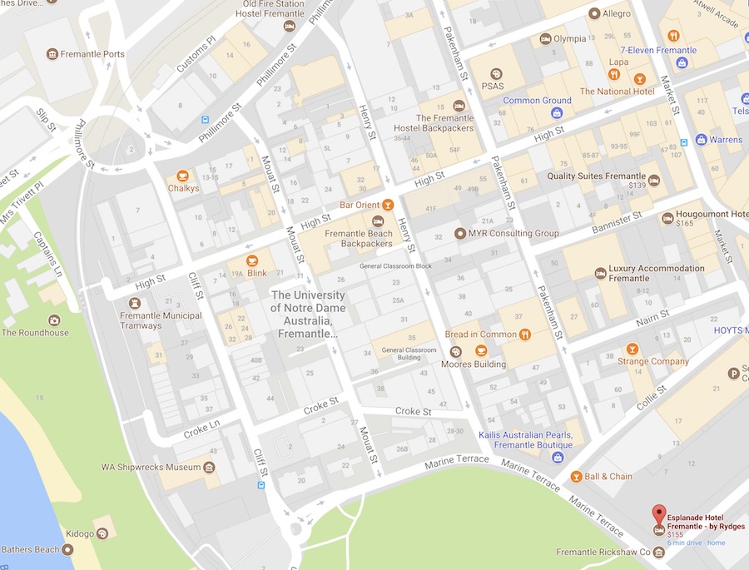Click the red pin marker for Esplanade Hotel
658,513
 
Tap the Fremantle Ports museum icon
52,54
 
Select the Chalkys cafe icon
183,176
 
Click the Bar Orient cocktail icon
387,205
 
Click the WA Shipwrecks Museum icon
209,467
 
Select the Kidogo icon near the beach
102,533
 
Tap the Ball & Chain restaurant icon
576,477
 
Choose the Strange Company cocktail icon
632,349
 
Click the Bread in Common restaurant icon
524,335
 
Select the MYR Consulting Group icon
459,233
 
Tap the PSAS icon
496,73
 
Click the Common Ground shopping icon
557,112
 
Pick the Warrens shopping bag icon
701,139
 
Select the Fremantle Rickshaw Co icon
658,552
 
